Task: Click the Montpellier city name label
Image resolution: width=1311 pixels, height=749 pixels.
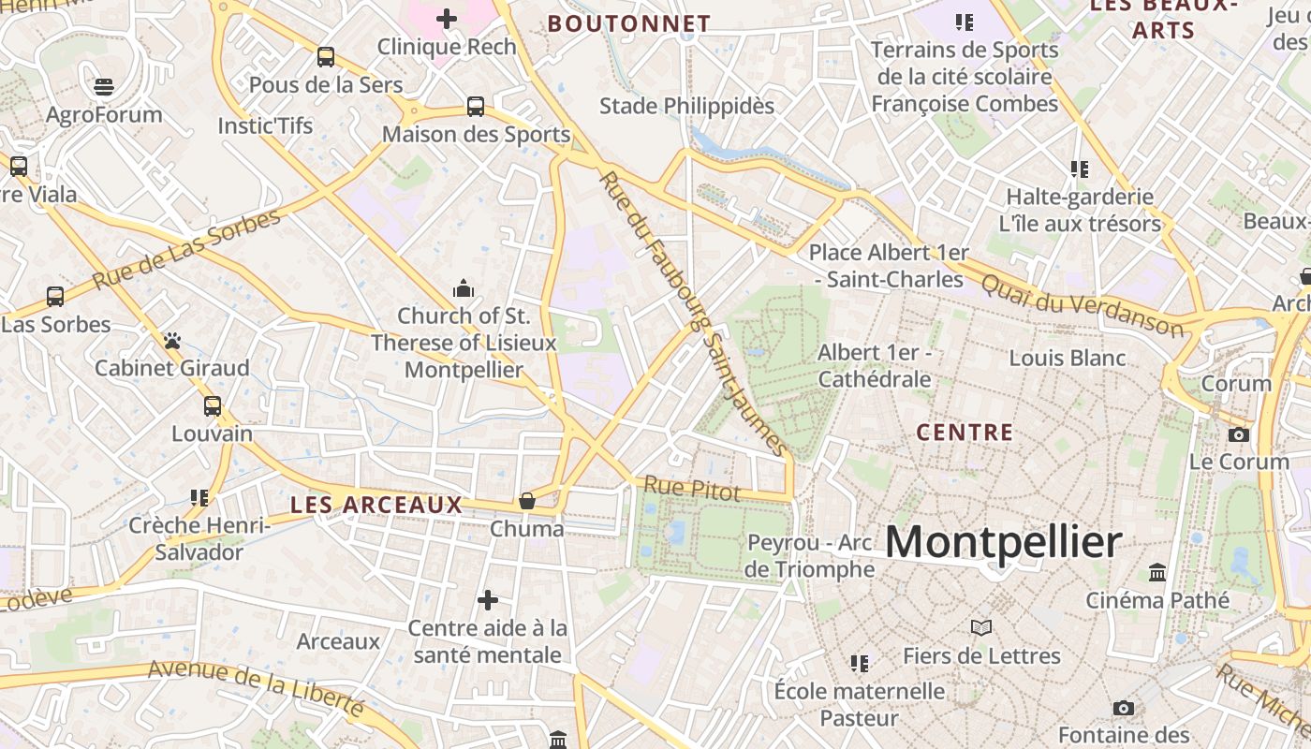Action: coord(1003,542)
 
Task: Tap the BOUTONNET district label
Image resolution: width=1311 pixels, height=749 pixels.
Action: coord(629,23)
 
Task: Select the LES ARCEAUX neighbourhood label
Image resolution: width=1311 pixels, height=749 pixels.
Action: coord(376,505)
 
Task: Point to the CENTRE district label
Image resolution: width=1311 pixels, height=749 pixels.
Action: coord(965,433)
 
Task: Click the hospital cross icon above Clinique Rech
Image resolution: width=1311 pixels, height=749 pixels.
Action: coord(447,18)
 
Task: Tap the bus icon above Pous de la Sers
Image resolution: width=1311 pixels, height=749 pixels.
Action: coord(326,57)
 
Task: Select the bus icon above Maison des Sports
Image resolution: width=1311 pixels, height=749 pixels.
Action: coord(476,107)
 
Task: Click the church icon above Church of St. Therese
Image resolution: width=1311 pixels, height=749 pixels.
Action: coord(464,288)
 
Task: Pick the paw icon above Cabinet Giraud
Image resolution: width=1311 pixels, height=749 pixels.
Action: coord(172,341)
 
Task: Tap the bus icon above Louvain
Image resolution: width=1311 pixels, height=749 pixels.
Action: coord(213,406)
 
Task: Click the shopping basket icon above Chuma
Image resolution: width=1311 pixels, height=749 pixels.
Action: coord(527,501)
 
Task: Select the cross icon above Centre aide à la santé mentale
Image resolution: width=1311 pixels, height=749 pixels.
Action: coord(488,600)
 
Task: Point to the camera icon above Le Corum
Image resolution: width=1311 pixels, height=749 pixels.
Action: coord(1239,434)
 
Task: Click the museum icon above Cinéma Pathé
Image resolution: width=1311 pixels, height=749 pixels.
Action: coord(1157,572)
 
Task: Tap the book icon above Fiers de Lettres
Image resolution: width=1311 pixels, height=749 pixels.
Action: coord(981,628)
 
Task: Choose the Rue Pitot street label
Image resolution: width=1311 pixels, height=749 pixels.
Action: coord(692,488)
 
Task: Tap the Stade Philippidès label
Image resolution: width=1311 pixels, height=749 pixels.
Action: coord(686,106)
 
